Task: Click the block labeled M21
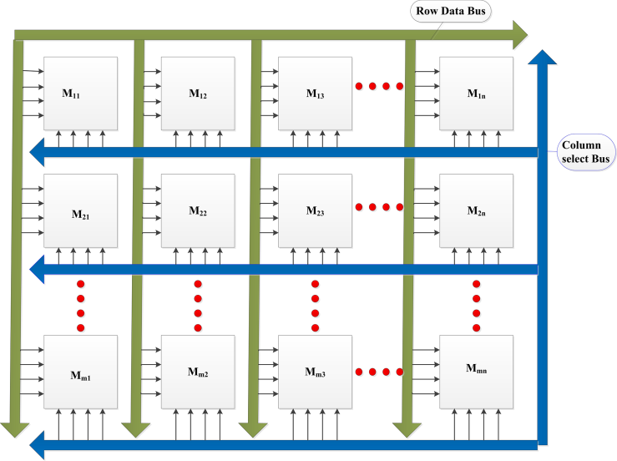[80, 210]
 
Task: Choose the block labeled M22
[198, 210]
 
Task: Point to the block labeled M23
[315, 210]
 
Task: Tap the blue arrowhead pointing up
[543, 58]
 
